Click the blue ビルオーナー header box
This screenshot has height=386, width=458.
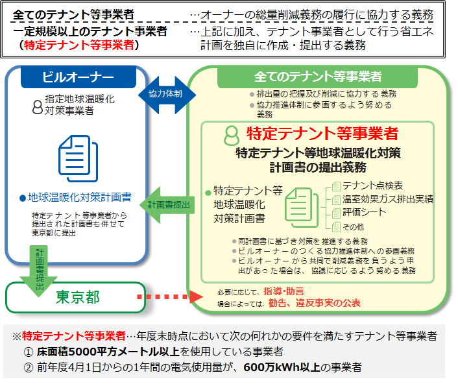click(78, 77)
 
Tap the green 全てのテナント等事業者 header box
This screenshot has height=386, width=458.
click(318, 77)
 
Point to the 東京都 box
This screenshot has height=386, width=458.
click(77, 296)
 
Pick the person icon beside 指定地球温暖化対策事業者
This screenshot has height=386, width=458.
click(37, 106)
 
